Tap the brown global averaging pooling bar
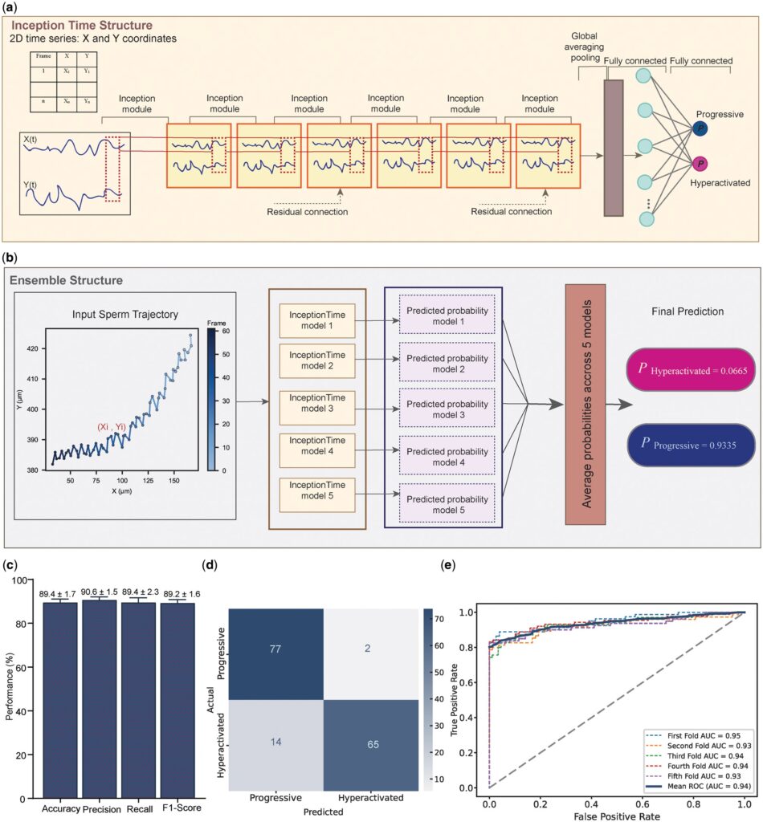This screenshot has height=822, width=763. (x=613, y=147)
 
